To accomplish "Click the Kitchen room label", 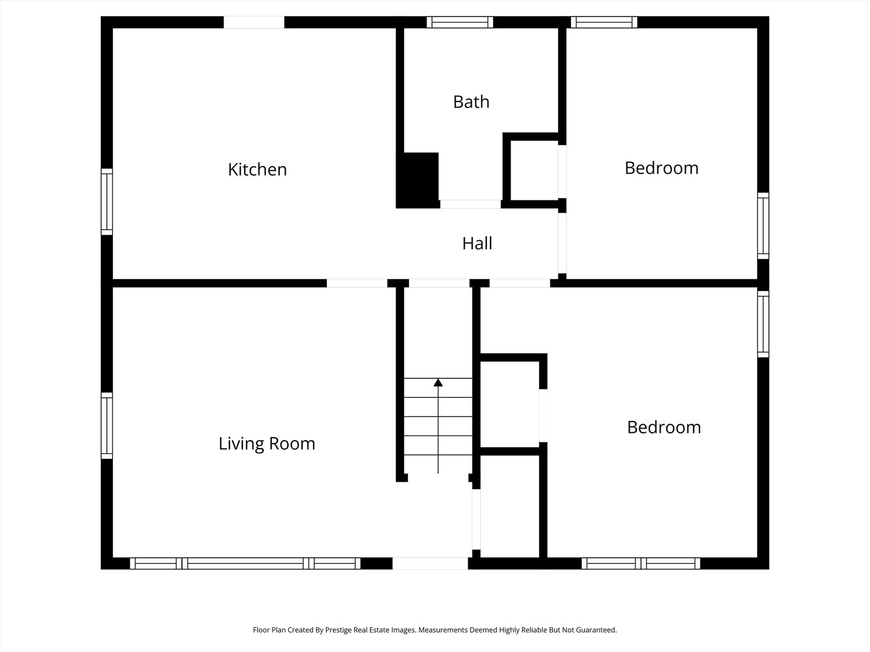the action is click(x=257, y=170).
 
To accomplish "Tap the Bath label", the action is click(x=471, y=102).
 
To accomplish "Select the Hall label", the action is click(x=477, y=243).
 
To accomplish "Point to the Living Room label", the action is click(x=267, y=443).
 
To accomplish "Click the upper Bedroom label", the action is click(x=662, y=168).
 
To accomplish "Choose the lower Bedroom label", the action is click(x=664, y=427).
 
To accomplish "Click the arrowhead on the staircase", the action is click(x=438, y=382).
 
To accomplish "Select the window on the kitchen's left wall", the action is click(x=107, y=202).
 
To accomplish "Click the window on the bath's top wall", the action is click(x=460, y=22).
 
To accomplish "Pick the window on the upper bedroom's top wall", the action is click(x=604, y=22).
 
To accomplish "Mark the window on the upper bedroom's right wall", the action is click(x=764, y=226).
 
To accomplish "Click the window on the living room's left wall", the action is click(x=107, y=426).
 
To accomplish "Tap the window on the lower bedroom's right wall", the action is click(x=764, y=324).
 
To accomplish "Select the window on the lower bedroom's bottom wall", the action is click(x=641, y=563).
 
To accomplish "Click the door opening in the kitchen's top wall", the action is click(x=254, y=22).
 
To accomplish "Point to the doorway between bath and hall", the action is click(x=471, y=204).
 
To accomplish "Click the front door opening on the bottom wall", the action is click(x=430, y=563).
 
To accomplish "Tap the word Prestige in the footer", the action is click(x=338, y=630).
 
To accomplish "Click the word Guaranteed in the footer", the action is click(x=595, y=630).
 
